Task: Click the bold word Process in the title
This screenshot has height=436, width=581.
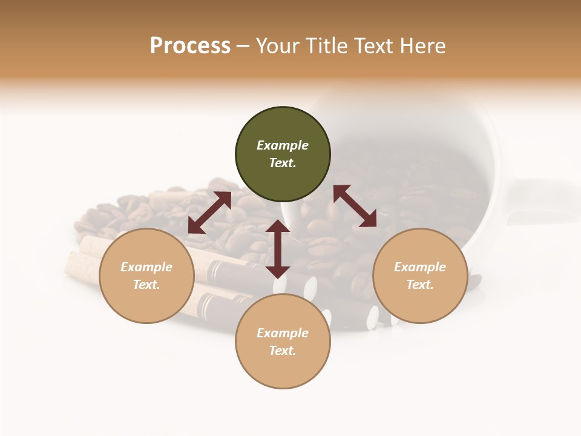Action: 190,46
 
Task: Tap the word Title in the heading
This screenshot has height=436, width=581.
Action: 326,46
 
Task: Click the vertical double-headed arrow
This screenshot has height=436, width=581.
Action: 278,249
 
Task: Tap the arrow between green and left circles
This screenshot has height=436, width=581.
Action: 209,212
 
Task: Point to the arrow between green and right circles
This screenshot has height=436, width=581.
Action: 355,206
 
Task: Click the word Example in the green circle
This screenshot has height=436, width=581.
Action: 283,145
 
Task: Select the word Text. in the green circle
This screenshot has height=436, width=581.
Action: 283,163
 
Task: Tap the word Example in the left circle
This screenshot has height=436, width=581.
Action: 146,267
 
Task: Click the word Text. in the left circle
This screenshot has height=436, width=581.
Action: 146,285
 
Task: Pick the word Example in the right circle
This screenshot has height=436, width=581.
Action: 420,267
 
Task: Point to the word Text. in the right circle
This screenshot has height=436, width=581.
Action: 420,285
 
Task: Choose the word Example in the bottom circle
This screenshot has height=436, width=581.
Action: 283,333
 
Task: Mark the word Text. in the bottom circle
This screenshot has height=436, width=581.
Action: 283,351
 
